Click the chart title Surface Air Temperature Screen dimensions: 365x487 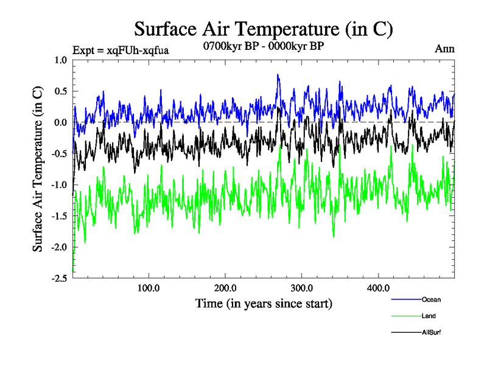coord(264,29)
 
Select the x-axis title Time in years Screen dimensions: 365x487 coord(264,302)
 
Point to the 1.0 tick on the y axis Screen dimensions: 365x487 coord(61,60)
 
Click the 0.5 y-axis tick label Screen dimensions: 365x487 coord(61,91)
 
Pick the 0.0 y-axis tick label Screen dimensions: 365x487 coord(61,122)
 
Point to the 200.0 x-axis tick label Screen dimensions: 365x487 coord(225,288)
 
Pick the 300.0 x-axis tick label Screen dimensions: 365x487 coord(302,288)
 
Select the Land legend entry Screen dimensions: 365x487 coord(429,316)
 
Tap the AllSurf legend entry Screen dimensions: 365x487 coord(431,332)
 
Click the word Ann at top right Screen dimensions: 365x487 coord(444,49)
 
